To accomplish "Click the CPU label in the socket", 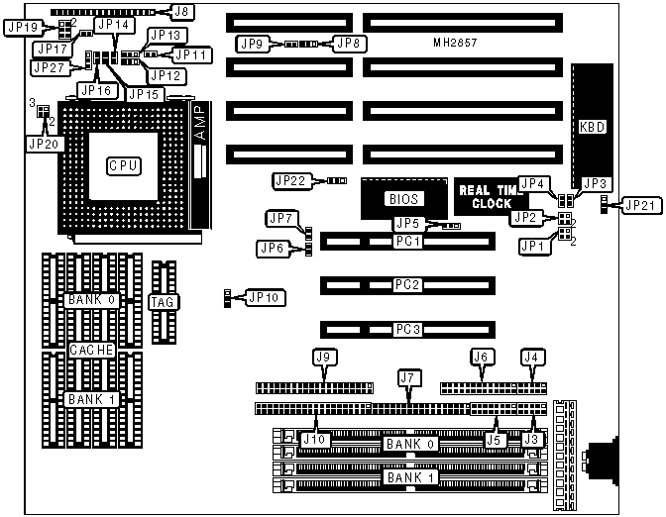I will [x=123, y=166].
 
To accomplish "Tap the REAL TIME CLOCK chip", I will [x=491, y=197].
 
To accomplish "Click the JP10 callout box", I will [x=264, y=296].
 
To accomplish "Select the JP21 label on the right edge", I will [x=640, y=205].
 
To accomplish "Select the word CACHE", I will [x=92, y=350].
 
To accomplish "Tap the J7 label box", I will [x=405, y=377].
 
